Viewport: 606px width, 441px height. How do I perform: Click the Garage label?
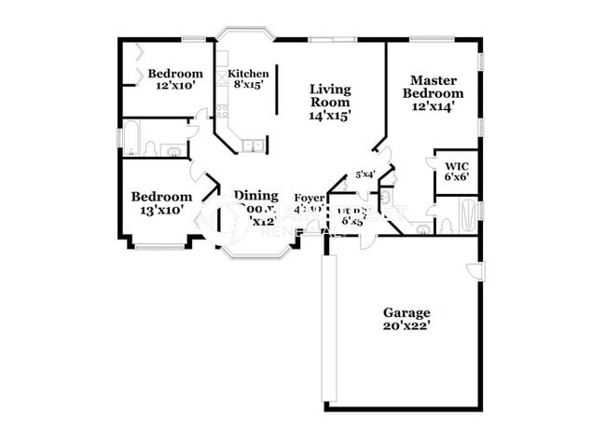pyautogui.click(x=406, y=312)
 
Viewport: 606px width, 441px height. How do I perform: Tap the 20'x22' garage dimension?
pyautogui.click(x=406, y=326)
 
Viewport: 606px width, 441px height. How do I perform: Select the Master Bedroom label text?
pyautogui.click(x=432, y=87)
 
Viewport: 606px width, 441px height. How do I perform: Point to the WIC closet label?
pyautogui.click(x=456, y=168)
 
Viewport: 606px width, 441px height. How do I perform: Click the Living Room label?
pyautogui.click(x=330, y=96)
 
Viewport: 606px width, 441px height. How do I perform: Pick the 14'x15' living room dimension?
pyautogui.click(x=330, y=117)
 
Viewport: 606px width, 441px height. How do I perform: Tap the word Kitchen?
pyautogui.click(x=249, y=74)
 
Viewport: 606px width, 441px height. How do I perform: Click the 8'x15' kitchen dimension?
pyautogui.click(x=249, y=85)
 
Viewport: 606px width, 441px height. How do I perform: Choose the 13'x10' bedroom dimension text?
pyautogui.click(x=161, y=210)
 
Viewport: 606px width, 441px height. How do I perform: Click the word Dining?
pyautogui.click(x=255, y=196)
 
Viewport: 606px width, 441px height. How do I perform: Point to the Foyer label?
pyautogui.click(x=309, y=198)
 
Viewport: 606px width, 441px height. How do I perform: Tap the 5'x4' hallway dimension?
pyautogui.click(x=365, y=174)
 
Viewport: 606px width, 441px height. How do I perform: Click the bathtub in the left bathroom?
pyautogui.click(x=130, y=138)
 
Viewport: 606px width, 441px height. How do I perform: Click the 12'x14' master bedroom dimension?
pyautogui.click(x=432, y=106)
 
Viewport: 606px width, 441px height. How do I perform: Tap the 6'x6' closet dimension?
pyautogui.click(x=456, y=177)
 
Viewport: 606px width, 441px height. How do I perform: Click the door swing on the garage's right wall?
pyautogui.click(x=475, y=270)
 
